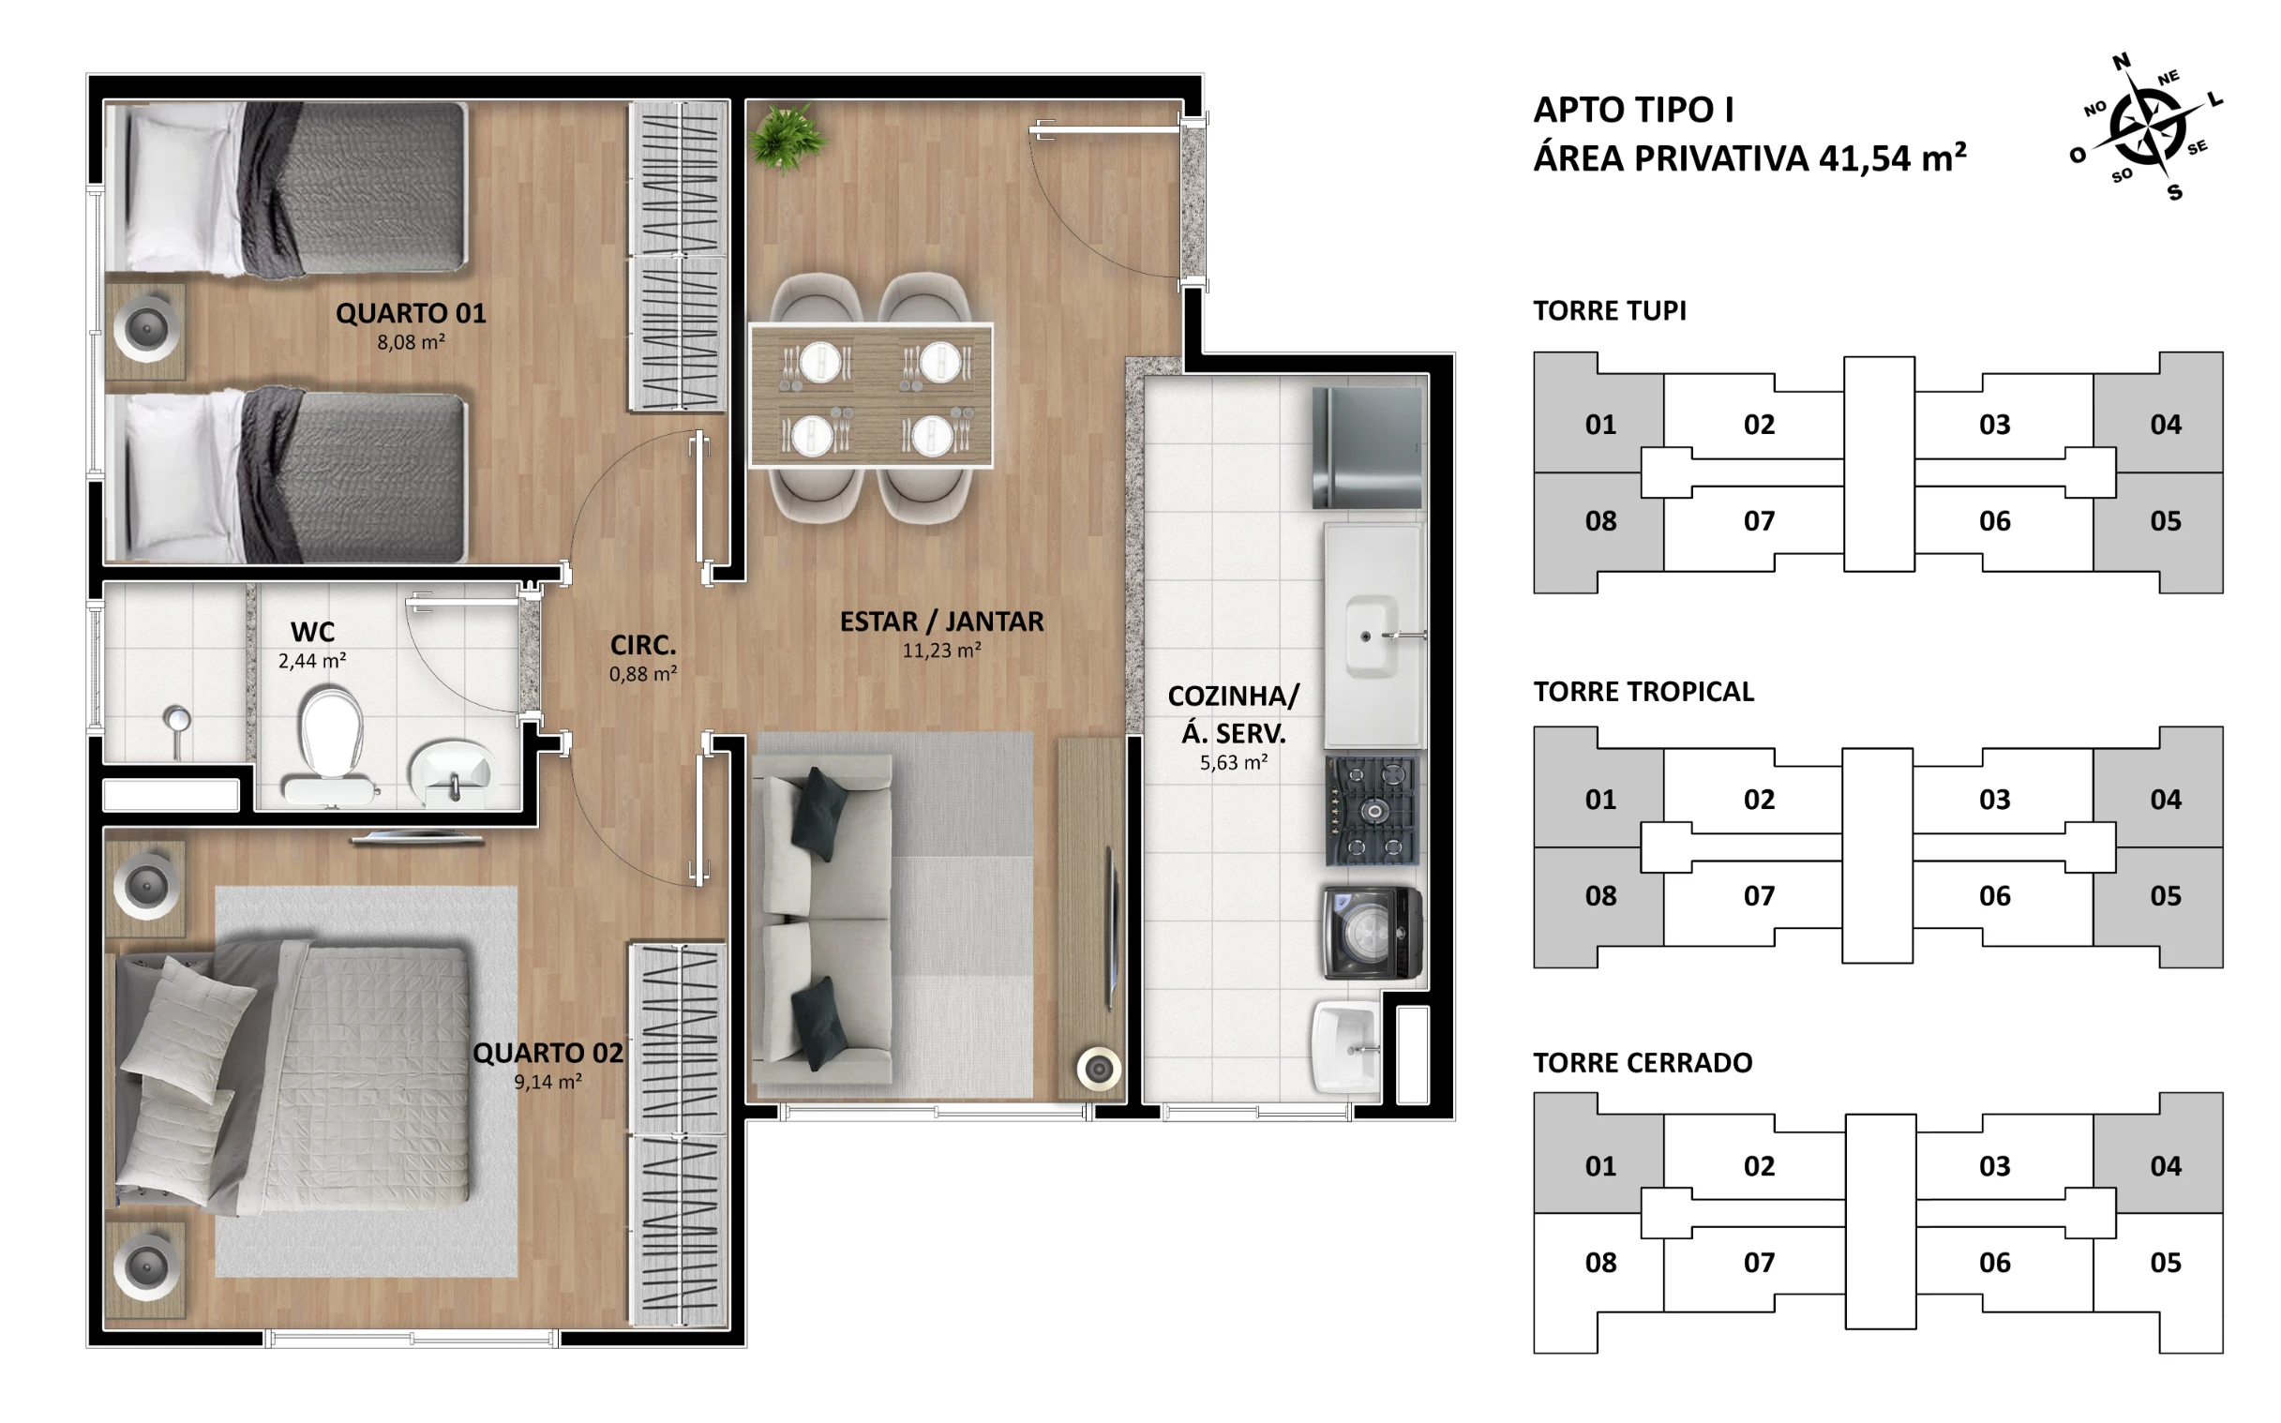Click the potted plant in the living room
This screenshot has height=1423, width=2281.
788,139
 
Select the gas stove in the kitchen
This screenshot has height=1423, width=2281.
1373,811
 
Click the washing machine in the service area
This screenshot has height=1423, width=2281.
1372,932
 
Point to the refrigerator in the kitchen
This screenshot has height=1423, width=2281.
1367,448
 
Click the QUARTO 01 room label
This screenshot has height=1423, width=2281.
412,313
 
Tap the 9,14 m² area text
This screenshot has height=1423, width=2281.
548,1083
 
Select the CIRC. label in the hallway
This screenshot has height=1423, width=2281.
643,646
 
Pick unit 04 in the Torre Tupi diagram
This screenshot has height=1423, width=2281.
2166,425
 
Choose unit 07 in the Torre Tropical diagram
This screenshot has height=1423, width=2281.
1758,896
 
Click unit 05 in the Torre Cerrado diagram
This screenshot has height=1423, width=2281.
2166,1262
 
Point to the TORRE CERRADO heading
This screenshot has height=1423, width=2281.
1642,1062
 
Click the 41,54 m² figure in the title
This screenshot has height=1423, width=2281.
1892,158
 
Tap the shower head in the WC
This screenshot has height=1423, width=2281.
176,729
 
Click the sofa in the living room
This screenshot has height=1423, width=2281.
825,919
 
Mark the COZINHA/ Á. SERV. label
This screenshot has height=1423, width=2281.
1234,714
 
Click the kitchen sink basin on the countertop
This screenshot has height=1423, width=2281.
1371,636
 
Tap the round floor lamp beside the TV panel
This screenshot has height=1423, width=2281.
1098,1070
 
